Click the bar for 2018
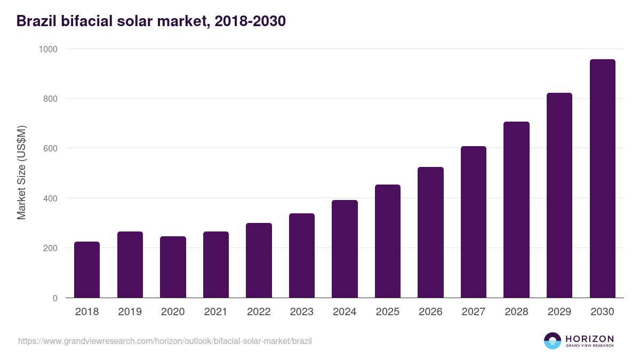click(x=87, y=270)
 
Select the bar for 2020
click(x=173, y=267)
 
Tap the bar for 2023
click(x=302, y=255)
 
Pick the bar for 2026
click(x=430, y=233)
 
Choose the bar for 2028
click(x=516, y=210)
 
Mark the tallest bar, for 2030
click(x=602, y=179)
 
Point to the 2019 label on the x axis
click(x=130, y=312)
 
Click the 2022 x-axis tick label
click(x=259, y=312)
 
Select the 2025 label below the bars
click(x=388, y=312)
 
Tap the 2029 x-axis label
click(x=559, y=312)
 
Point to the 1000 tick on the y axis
click(x=48, y=49)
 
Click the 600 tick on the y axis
click(x=51, y=149)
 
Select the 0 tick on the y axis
click(x=55, y=298)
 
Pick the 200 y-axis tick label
click(x=51, y=249)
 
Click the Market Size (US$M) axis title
click(x=22, y=173)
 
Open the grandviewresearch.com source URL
click(x=165, y=341)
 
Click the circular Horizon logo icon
click(x=553, y=341)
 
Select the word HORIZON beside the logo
click(x=589, y=339)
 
